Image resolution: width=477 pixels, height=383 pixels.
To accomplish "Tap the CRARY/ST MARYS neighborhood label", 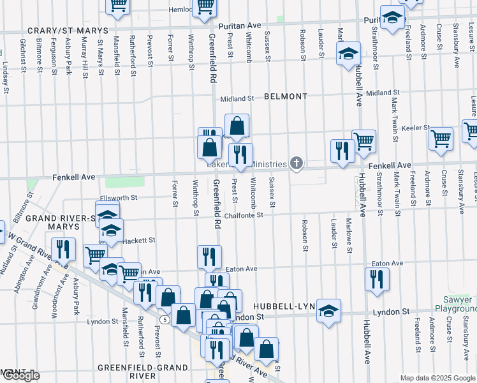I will [68, 31].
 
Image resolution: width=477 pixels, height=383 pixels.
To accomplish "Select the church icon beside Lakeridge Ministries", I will [295, 164].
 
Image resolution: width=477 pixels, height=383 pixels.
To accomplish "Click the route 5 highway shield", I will [165, 319].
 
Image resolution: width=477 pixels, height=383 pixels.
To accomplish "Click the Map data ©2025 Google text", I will [437, 378].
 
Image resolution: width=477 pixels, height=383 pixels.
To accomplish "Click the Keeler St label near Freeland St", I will [416, 128].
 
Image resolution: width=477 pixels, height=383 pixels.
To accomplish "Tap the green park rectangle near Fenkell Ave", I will [117, 182].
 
